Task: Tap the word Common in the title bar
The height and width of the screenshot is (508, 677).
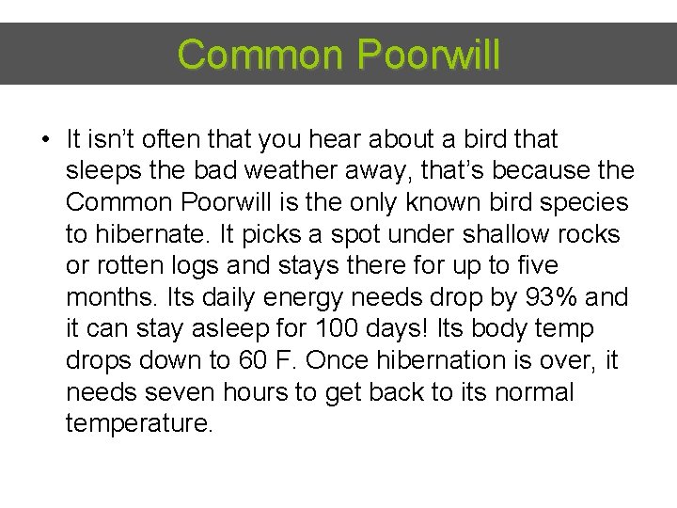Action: pyautogui.click(x=260, y=55)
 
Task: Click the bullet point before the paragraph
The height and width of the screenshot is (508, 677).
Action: pyautogui.click(x=45, y=140)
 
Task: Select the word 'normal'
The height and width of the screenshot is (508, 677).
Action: pyautogui.click(x=531, y=392)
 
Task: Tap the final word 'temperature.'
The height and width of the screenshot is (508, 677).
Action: pyautogui.click(x=140, y=424)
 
